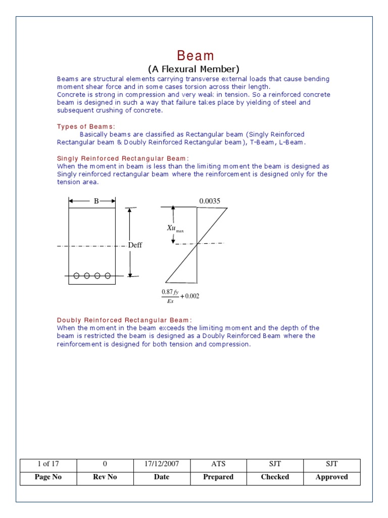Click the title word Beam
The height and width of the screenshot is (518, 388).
[x=195, y=56]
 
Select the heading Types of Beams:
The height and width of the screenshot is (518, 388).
[x=86, y=126]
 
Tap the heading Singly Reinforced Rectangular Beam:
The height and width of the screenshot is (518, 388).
[x=123, y=158]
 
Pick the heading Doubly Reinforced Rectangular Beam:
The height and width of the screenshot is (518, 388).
[x=124, y=320]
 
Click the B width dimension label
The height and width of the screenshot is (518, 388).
[x=96, y=201]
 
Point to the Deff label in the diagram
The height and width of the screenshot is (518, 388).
[x=135, y=245]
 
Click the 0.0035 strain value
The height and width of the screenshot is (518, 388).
[x=210, y=201]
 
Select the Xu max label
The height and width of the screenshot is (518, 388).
[x=175, y=229]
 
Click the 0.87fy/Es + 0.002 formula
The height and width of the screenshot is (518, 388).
[x=180, y=296]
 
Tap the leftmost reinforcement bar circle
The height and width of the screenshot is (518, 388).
[x=76, y=276]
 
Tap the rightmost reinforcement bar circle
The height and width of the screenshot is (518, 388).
[x=108, y=276]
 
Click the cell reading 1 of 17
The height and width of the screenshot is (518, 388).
[x=48, y=464]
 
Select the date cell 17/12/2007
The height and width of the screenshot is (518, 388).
[x=162, y=464]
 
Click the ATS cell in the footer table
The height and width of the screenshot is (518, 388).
[x=218, y=464]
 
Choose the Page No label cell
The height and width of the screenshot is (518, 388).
[x=48, y=477]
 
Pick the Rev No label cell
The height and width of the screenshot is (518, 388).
[x=105, y=477]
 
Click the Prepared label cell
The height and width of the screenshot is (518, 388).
[x=218, y=477]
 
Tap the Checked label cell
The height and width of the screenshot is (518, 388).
[x=275, y=477]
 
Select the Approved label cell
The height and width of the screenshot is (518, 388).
[x=332, y=477]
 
